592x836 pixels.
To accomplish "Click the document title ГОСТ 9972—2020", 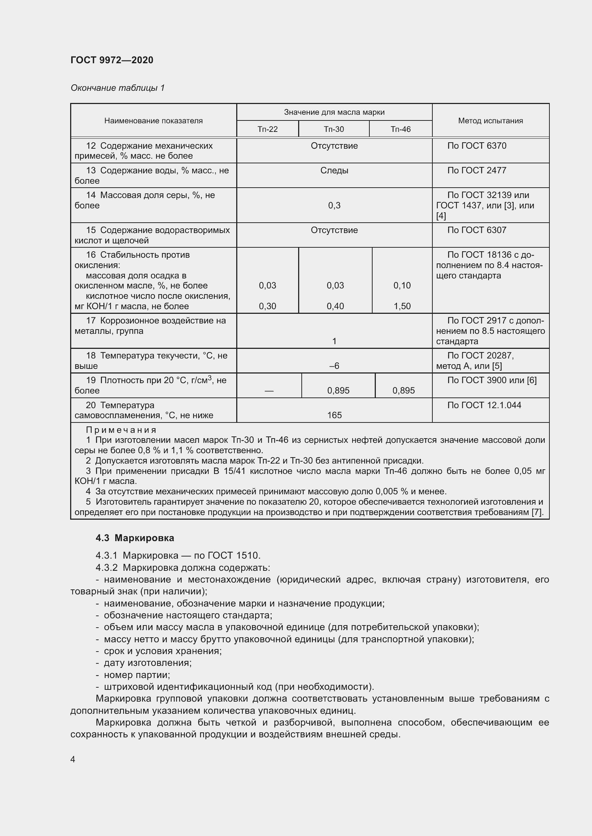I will coord(112,60).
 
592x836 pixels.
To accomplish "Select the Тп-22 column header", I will coord(268,129).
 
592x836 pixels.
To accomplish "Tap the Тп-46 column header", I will coord(400,129).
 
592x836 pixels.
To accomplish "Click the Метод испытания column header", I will coord(490,120).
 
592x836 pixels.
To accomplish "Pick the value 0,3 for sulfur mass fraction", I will coord(334,206).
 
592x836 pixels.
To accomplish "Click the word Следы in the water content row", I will coord(334,170).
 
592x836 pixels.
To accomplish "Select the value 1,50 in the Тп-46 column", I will coord(402,306).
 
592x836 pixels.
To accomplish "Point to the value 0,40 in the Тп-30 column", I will coord(335,306).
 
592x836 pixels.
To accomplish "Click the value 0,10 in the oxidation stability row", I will coord(402,286).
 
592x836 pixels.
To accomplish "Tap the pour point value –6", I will coord(334,366).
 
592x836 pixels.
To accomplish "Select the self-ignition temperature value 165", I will coord(334,415).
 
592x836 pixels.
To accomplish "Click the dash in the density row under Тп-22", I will coord(269,391).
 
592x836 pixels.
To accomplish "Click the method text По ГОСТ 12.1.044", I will coord(484,405).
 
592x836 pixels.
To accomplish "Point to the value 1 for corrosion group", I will coord(334,341).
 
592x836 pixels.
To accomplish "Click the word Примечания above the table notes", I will coord(121,430).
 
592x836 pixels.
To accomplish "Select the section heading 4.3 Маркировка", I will coord(135,538).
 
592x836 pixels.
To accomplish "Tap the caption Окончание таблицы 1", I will coord(118,88).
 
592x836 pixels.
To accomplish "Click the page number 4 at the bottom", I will coord(73,759).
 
